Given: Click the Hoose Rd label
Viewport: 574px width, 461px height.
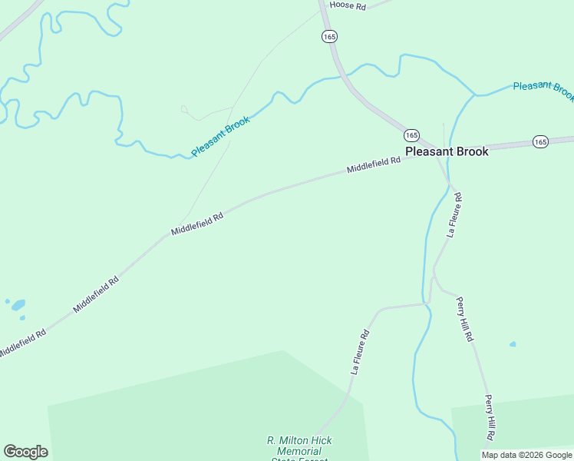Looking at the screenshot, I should (x=348, y=5).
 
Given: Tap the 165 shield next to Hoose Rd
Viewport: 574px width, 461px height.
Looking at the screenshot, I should (x=329, y=36).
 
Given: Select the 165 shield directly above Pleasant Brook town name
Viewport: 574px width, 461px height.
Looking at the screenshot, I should (x=411, y=134).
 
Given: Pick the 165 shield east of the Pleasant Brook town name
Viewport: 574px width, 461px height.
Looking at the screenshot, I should (x=540, y=141).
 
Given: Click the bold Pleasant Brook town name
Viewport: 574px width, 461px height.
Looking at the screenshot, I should (x=447, y=152).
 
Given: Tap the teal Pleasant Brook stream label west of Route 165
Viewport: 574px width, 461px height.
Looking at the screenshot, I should (x=221, y=136).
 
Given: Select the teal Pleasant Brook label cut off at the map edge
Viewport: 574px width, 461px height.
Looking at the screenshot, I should (x=543, y=89).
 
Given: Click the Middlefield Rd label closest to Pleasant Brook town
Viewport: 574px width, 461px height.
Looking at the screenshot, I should (x=374, y=164).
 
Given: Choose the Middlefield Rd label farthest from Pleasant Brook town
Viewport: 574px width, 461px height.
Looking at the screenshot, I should (x=22, y=343).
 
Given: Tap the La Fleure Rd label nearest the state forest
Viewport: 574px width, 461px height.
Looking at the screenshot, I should (x=361, y=351).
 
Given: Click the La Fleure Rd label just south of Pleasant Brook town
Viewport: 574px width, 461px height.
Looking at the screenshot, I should (x=455, y=218).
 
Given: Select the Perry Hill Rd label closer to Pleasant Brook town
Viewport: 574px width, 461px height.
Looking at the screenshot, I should (x=465, y=319).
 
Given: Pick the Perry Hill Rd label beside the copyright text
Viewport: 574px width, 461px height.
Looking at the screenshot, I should (x=490, y=416).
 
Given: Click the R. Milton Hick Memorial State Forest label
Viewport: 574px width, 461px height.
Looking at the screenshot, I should (x=299, y=450).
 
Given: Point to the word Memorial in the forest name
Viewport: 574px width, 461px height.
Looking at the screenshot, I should (x=299, y=451).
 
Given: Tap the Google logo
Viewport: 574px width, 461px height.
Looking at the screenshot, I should (x=25, y=452).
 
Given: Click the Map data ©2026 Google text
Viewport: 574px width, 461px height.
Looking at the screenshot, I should (x=526, y=455).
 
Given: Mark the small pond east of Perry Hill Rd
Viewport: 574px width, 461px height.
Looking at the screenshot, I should (x=513, y=344).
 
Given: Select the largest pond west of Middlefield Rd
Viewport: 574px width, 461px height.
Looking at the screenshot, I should (x=18, y=304).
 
